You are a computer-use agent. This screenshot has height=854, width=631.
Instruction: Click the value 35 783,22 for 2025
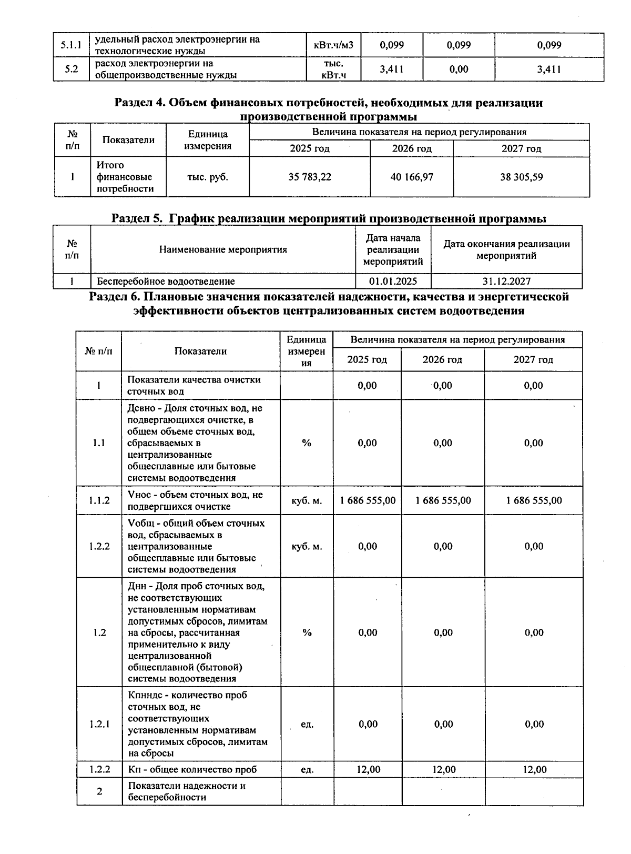point(310,177)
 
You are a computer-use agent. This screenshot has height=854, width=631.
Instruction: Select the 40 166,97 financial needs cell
point(412,177)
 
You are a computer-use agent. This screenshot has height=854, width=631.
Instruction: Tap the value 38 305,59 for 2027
point(521,177)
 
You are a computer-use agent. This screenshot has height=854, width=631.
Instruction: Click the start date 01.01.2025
point(393,282)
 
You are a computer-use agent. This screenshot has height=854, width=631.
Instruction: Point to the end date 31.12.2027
point(506,282)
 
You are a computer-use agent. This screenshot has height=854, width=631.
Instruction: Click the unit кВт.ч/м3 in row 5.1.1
point(333,45)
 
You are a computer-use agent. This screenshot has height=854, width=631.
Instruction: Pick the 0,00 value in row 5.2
point(459,69)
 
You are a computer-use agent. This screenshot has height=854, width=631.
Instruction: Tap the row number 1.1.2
point(99,500)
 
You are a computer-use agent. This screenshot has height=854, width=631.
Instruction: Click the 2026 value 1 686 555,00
point(443,500)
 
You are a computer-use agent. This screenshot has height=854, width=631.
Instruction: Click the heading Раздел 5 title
point(329,218)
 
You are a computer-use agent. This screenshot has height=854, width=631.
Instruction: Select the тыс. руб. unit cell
point(208,177)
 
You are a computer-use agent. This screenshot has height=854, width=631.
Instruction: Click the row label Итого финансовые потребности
point(125,177)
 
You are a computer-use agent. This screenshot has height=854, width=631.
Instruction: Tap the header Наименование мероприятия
point(223,249)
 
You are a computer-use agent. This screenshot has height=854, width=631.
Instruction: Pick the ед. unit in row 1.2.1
point(307,725)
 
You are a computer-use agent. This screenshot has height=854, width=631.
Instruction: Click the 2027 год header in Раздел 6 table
point(533,360)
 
